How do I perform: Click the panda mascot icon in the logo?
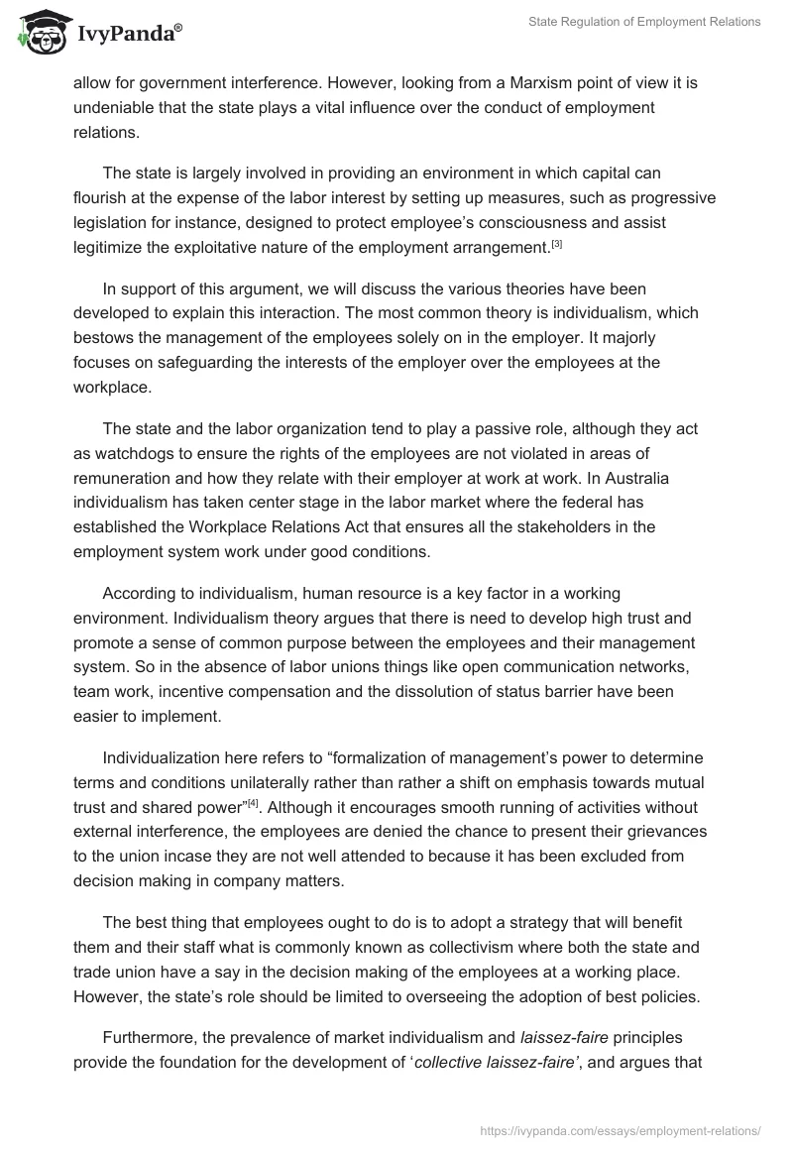click(37, 33)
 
